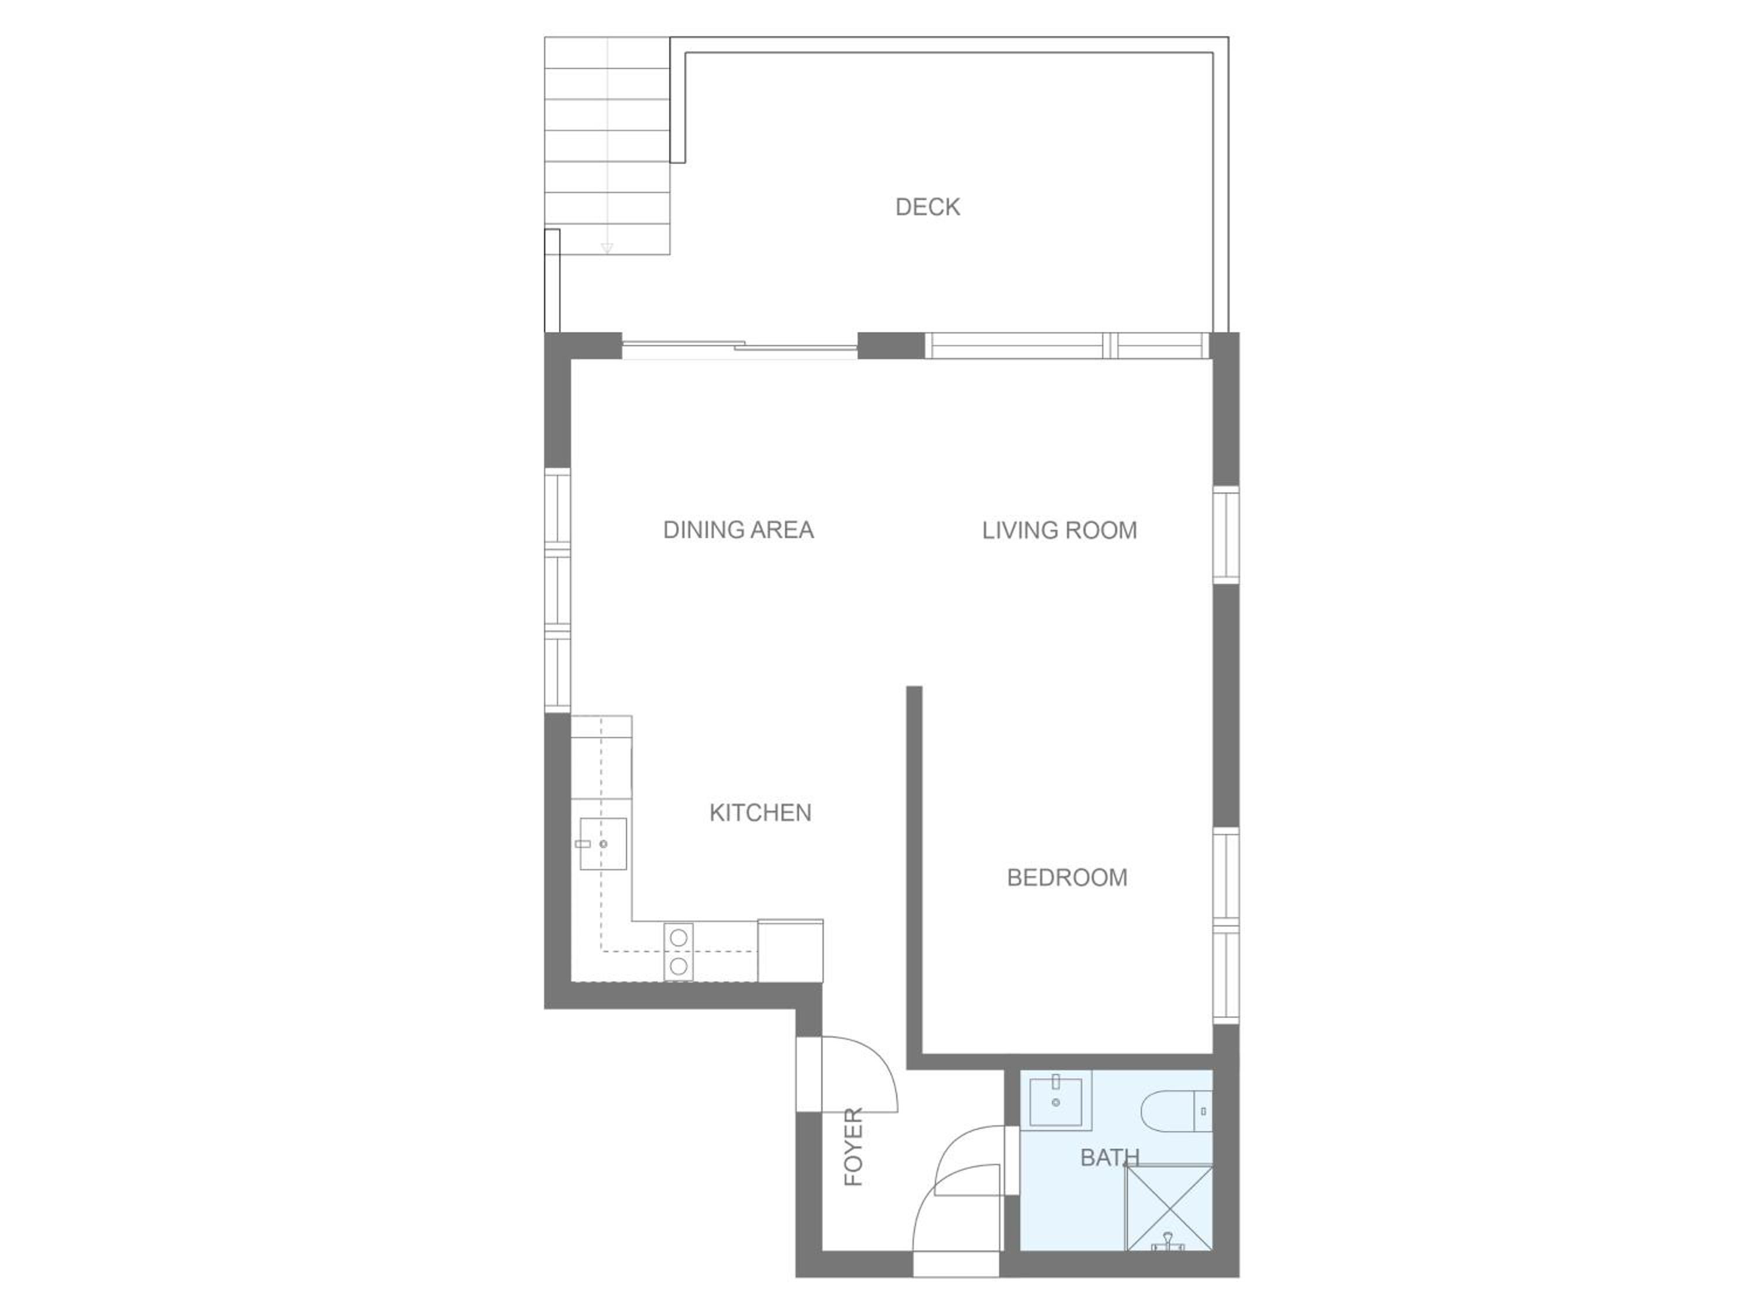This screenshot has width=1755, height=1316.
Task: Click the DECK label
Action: click(927, 207)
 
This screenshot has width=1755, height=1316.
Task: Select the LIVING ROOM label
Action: click(1059, 530)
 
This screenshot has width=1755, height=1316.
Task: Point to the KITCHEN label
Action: click(760, 812)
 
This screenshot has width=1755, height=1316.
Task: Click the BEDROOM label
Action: click(1067, 877)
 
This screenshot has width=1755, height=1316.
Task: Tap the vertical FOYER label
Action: click(853, 1147)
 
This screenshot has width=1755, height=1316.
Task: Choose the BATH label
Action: click(1110, 1157)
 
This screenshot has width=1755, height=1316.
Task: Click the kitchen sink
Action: click(603, 844)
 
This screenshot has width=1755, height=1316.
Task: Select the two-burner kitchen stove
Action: click(679, 952)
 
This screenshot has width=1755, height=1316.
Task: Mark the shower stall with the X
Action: click(1169, 1208)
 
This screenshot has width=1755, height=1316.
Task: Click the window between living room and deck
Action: click(1067, 346)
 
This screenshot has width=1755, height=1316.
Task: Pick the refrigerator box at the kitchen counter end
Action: click(790, 950)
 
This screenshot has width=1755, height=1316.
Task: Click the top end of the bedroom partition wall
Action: click(914, 687)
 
